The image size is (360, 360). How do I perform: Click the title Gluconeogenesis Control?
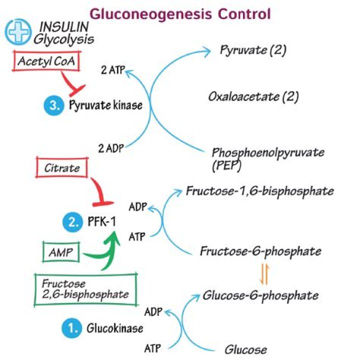pos(180,13)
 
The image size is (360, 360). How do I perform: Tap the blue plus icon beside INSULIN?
pos(17,31)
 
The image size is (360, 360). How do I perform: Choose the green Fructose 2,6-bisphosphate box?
pos(84,288)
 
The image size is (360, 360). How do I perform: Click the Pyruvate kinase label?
pos(105,105)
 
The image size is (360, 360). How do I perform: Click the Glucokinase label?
pos(114,328)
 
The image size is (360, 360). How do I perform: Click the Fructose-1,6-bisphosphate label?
pos(259,191)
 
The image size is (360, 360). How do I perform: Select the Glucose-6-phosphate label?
pos(260,295)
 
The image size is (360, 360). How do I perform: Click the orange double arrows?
pos(264,273)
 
